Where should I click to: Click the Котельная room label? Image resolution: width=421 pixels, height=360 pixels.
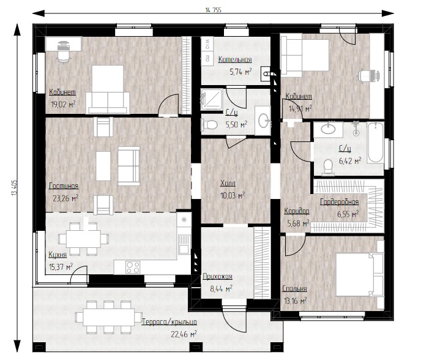pos(235,59)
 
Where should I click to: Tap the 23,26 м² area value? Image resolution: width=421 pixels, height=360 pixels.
pos(65,198)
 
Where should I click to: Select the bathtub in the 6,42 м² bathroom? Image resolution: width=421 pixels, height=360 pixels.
pos(375,143)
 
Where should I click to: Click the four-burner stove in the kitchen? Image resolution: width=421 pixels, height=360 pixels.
pos(133,267)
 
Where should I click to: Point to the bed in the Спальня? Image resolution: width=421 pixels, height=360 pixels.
pos(359,274)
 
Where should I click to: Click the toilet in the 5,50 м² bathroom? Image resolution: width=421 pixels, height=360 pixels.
pos(209,124)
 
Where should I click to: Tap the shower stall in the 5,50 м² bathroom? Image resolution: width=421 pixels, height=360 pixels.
pos(212,99)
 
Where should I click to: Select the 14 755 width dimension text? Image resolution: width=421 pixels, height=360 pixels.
pos(214,10)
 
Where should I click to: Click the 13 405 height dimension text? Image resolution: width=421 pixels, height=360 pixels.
pos(14,187)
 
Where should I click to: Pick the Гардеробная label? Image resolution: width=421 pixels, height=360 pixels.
pos(340,202)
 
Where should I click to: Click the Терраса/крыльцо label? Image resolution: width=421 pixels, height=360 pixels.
pos(170,322)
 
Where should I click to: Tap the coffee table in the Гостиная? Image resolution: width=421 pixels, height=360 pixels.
pos(103,166)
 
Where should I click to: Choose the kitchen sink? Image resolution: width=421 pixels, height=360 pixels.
pos(184,244)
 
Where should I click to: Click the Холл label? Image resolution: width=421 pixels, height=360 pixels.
pos(228,184)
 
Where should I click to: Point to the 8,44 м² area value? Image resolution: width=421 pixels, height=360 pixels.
pos(222,289)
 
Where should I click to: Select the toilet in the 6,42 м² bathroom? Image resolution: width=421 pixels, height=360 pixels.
pos(328,167)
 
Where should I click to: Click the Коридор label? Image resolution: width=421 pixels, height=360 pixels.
pos(297,211)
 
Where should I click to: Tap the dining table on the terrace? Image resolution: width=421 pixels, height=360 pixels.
pos(109,317)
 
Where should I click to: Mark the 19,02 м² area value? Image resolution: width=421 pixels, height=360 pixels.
pos(64,104)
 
